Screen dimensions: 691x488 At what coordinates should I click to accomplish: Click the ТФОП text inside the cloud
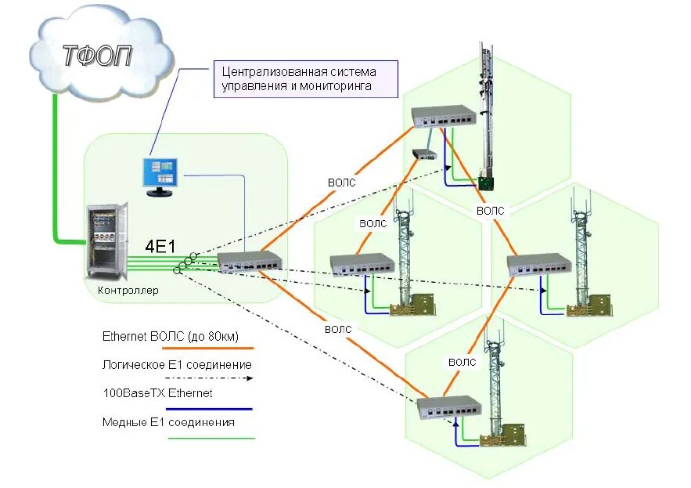[97, 56]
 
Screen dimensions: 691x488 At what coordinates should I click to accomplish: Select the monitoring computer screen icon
[160, 177]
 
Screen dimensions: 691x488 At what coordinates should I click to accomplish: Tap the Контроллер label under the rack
[128, 291]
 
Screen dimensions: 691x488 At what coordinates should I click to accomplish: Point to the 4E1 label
[160, 247]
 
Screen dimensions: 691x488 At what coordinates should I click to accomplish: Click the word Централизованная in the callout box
[274, 71]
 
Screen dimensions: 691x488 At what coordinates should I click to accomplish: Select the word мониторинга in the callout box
[336, 86]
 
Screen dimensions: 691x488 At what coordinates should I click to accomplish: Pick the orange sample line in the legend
[207, 348]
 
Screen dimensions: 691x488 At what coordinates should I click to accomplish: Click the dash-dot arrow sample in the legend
[209, 378]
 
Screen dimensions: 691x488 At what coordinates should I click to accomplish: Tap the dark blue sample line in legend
[209, 409]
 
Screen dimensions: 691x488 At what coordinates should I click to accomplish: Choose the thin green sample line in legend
[211, 439]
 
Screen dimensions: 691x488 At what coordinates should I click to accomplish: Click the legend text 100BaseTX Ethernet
[157, 393]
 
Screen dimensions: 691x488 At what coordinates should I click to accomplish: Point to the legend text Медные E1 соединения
[168, 422]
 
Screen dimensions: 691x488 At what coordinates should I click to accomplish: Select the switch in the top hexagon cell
[444, 117]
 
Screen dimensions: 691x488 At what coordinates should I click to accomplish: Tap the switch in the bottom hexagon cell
[449, 407]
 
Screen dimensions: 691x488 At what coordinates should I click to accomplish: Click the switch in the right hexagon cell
[539, 265]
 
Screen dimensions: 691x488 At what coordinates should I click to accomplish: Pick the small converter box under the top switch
[424, 154]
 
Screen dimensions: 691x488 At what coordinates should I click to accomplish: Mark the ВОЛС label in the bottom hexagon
[462, 362]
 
